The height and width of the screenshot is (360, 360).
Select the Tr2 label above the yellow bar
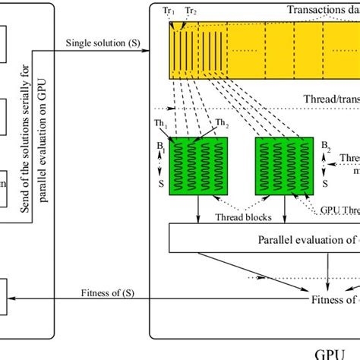click(x=192, y=11)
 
